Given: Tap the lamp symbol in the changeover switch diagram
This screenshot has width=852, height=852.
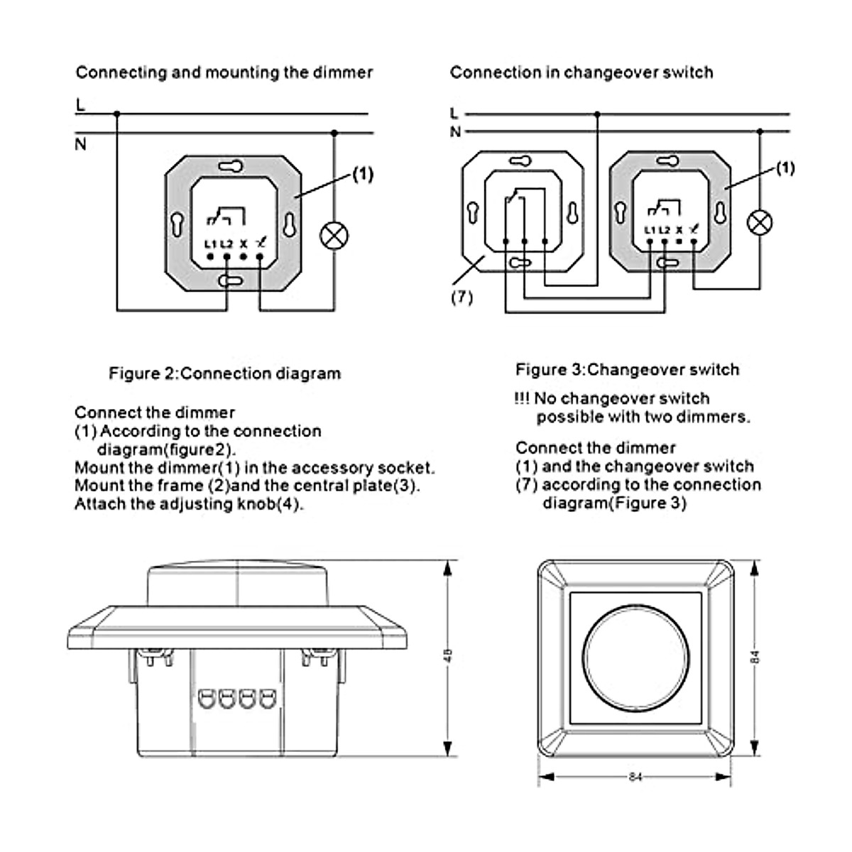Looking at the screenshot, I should point(760,222).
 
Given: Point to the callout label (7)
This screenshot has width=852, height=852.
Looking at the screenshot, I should point(461,297).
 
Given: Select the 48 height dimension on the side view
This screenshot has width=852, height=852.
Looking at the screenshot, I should point(447,655).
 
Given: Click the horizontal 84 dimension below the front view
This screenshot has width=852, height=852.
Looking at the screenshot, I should point(635,777).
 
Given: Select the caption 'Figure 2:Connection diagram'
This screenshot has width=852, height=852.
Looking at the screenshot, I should point(224,373).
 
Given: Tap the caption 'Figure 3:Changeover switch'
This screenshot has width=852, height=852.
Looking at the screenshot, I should point(627,370).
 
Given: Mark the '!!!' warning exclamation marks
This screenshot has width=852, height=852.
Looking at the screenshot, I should point(522,398).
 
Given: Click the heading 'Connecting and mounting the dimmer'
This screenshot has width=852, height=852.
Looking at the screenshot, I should point(224,72).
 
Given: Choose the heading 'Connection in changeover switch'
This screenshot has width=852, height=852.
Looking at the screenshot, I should point(581,72).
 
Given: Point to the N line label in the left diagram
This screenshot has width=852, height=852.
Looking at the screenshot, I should point(80,144).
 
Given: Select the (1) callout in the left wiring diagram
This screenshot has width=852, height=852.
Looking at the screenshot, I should point(362,175).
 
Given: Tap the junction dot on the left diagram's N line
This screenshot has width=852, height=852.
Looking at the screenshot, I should point(334,132).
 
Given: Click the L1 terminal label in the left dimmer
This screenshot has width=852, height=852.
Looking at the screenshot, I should point(210,244).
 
